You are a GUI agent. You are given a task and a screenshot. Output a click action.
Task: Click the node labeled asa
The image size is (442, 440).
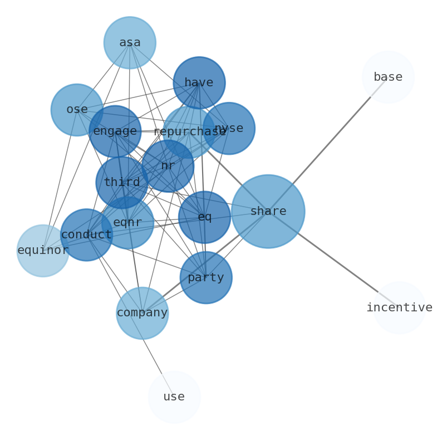(x=130, y=43)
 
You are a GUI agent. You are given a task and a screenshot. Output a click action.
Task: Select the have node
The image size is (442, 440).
(x=199, y=83)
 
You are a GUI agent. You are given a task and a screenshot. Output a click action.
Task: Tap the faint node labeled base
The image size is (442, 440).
(x=388, y=77)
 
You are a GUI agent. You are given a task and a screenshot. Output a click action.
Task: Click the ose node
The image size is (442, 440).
(x=77, y=110)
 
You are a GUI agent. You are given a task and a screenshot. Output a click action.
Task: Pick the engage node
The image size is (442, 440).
(x=115, y=131)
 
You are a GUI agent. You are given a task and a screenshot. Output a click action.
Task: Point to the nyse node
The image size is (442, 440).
(x=229, y=128)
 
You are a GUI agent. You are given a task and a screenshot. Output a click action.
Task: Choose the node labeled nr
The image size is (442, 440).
(x=168, y=166)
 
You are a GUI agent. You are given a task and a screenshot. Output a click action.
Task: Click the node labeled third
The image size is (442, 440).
(x=122, y=182)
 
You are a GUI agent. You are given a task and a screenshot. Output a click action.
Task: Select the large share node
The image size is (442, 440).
(x=268, y=212)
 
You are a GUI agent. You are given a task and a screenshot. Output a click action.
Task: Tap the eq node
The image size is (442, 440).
(x=204, y=217)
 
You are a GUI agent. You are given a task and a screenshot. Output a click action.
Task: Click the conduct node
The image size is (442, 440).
(x=86, y=235)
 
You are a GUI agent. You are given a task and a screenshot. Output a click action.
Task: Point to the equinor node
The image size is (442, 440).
(x=43, y=251)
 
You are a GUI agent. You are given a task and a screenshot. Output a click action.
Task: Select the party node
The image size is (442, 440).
(x=206, y=277)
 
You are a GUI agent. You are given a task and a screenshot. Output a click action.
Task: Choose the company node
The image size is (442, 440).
(x=142, y=313)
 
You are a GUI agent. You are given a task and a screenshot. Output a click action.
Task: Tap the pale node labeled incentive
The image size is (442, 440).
(x=399, y=307)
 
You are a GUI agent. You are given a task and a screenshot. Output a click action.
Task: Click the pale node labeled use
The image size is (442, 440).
(x=174, y=397)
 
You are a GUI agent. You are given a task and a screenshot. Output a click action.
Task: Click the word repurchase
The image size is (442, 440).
(x=189, y=132)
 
